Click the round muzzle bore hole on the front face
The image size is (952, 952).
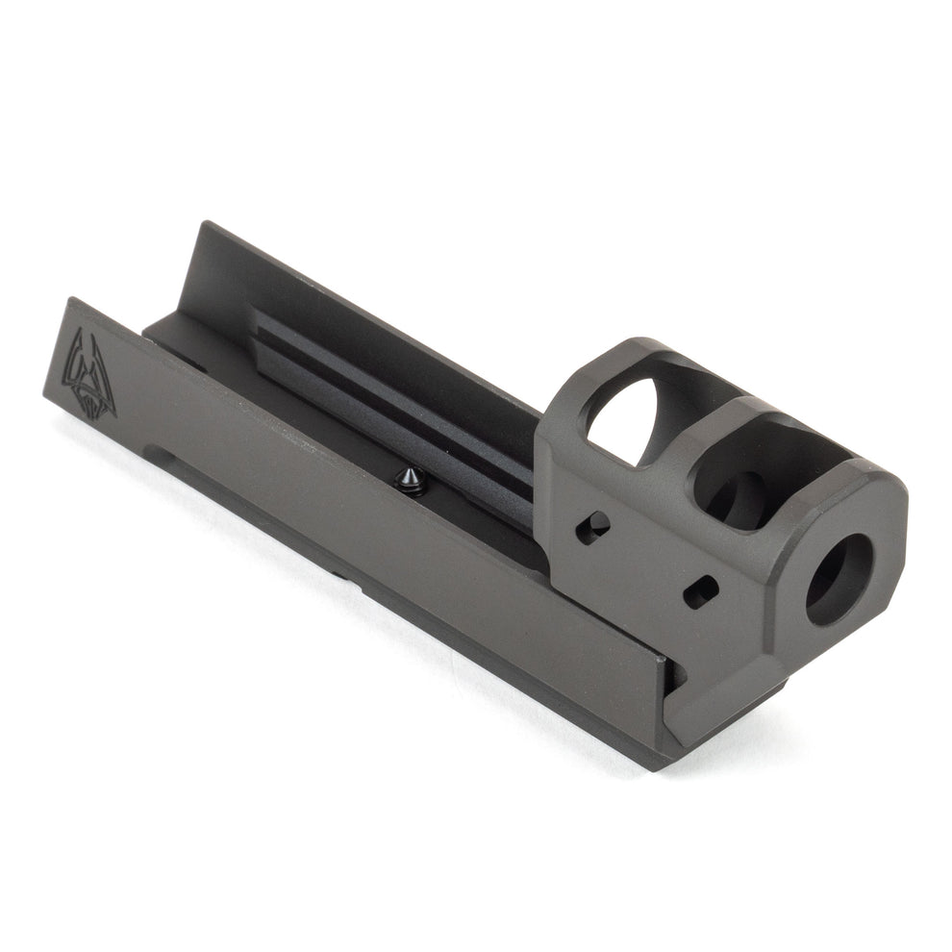[838, 578]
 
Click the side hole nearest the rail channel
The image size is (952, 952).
[592, 527]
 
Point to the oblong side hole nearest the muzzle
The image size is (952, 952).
[701, 590]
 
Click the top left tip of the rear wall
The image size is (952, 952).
[204, 225]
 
